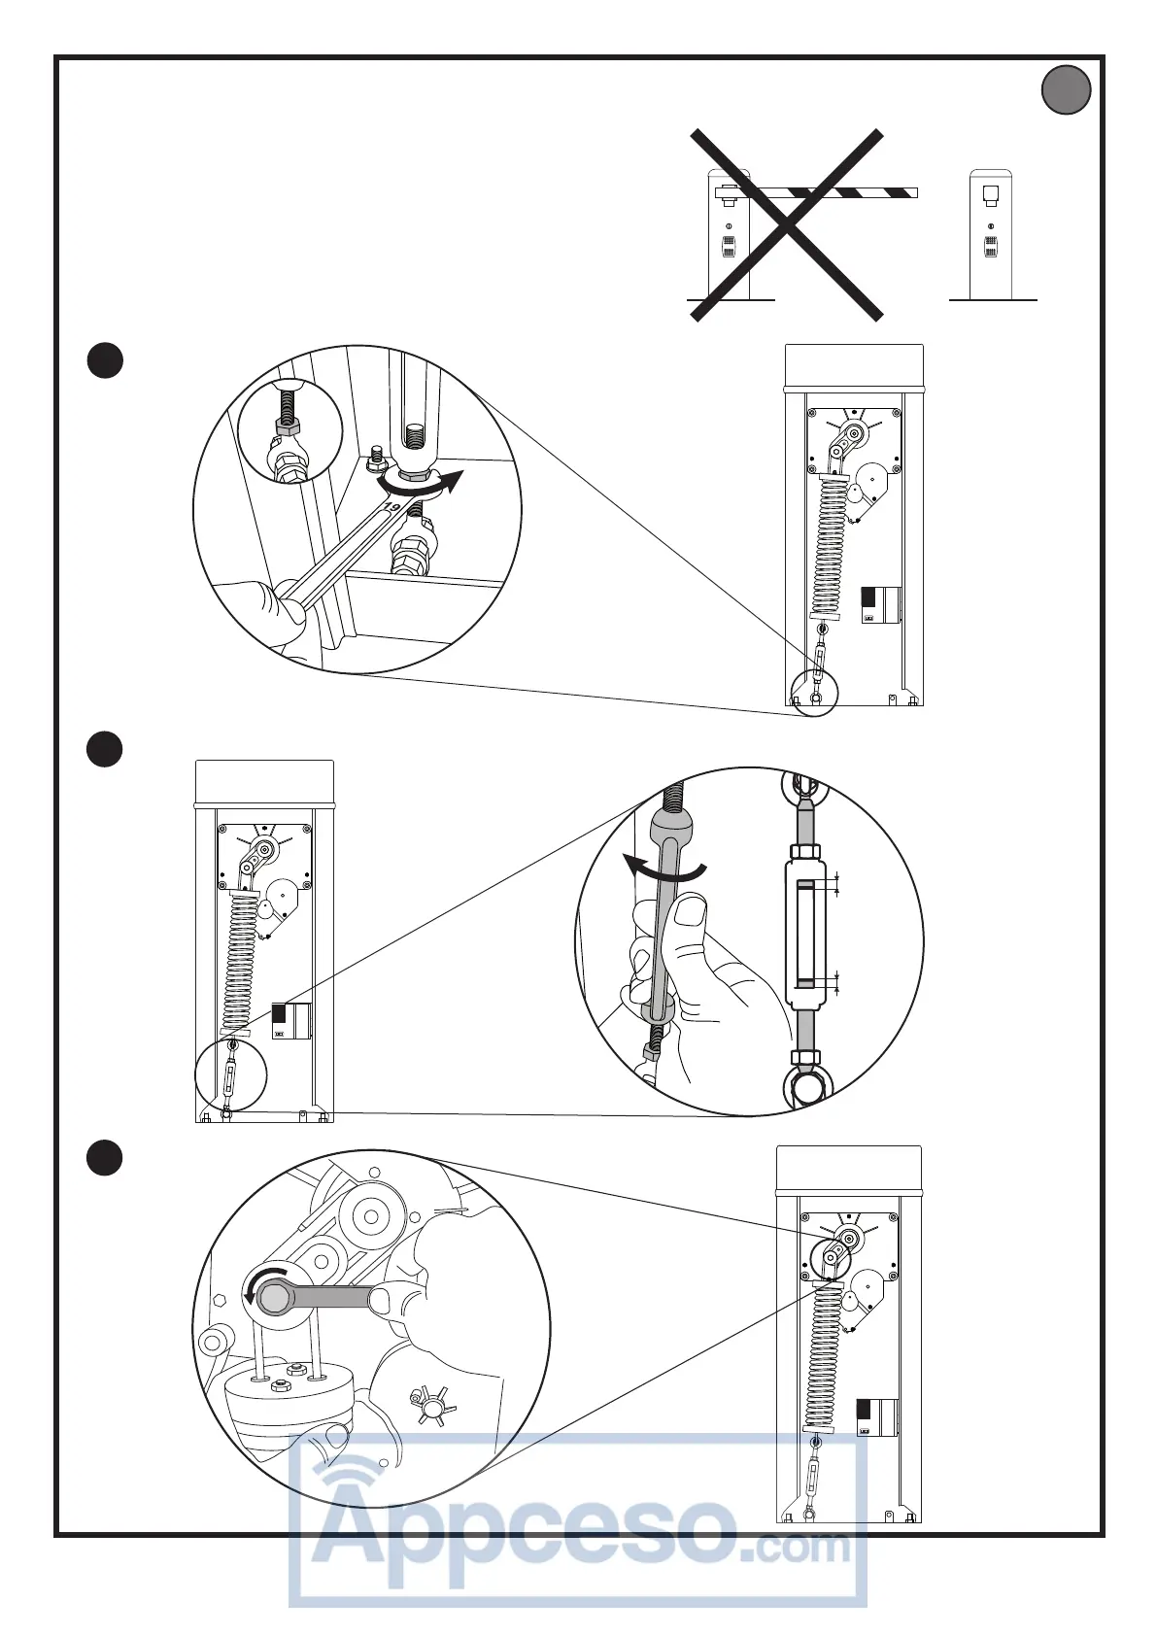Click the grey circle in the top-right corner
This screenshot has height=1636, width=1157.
[1066, 89]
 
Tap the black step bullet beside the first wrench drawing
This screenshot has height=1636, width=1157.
[105, 359]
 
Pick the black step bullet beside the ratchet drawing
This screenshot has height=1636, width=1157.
[105, 1157]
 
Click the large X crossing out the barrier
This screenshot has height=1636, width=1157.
[787, 225]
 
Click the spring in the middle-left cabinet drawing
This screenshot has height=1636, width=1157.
[239, 962]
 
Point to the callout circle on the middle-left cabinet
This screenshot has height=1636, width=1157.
[230, 1075]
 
